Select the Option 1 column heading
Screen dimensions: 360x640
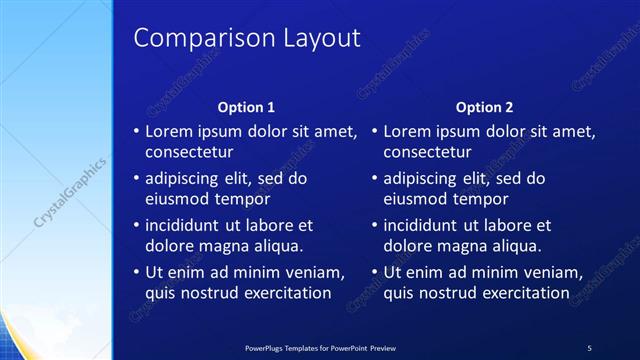(246, 107)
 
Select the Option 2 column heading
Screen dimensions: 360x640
(484, 107)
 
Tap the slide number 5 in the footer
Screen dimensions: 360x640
(589, 348)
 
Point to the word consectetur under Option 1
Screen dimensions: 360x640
(189, 153)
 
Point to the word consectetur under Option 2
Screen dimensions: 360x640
(427, 153)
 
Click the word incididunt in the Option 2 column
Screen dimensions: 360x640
(427, 226)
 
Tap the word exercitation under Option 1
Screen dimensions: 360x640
(282, 293)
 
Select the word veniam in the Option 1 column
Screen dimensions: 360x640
(315, 273)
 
